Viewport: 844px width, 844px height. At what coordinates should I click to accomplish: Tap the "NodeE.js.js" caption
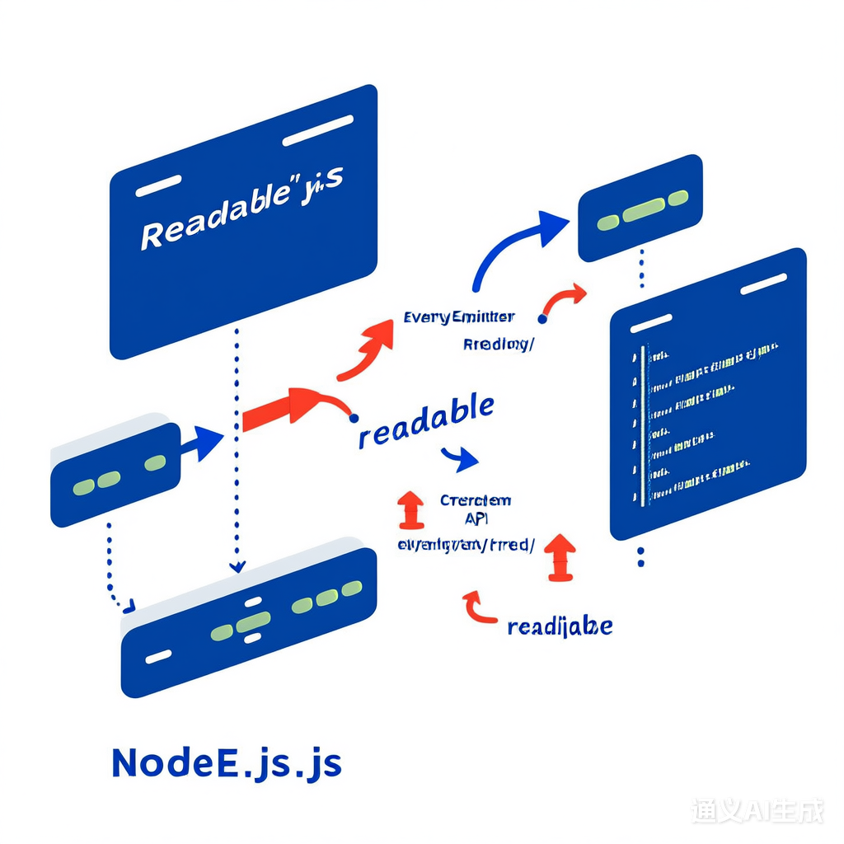226,763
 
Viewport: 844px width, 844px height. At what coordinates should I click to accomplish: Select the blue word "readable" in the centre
426,420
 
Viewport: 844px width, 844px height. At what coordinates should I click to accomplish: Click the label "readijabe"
560,626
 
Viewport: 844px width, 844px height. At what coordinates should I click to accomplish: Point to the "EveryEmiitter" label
459,316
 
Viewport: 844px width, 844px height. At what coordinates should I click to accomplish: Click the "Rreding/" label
498,345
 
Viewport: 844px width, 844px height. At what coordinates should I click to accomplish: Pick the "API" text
476,518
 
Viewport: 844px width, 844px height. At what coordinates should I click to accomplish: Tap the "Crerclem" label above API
476,500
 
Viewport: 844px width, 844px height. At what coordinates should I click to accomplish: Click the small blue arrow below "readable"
460,458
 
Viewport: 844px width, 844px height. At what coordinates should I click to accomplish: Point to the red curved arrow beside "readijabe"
479,607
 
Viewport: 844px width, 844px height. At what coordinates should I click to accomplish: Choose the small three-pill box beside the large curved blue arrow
640,207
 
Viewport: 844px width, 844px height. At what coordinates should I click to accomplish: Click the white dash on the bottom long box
158,656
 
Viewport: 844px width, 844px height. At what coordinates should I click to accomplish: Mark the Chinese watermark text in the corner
757,810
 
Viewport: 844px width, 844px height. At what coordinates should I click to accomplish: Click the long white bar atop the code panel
763,284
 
